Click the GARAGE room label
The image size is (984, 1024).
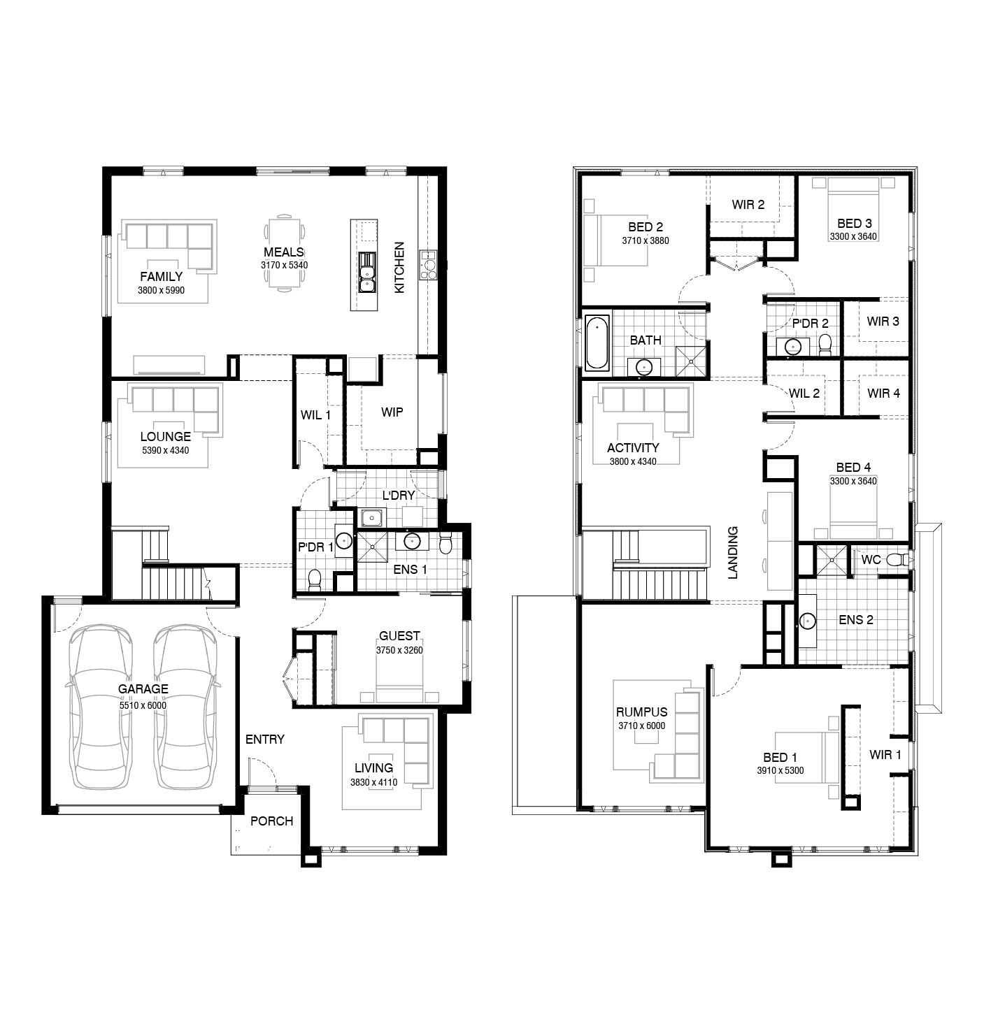143,688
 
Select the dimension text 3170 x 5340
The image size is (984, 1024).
284,266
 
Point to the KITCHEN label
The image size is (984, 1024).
399,268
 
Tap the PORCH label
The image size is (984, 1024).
271,821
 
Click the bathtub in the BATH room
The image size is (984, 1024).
597,342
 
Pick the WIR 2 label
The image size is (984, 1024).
748,205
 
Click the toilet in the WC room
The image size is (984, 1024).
896,560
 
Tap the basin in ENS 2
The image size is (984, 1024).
808,620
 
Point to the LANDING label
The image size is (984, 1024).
733,552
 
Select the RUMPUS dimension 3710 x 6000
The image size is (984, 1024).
641,726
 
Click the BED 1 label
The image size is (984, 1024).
780,757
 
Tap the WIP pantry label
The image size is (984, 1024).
392,412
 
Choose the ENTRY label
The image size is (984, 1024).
264,739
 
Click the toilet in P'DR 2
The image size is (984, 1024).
825,344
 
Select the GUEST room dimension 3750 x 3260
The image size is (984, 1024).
399,650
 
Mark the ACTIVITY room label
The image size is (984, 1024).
633,447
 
